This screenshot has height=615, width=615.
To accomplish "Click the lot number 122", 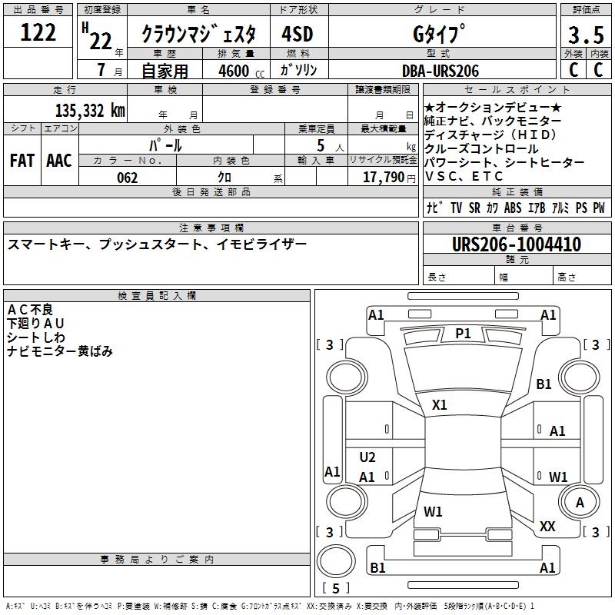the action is coord(38,32).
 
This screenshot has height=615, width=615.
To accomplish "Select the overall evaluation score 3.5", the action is coord(585,35).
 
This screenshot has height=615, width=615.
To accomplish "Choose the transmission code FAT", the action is coord(22,161).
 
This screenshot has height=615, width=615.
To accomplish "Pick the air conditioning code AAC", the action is coord(59,161).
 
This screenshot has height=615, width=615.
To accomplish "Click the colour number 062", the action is coord(128,178).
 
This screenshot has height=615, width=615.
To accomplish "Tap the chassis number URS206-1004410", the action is coord(517,245).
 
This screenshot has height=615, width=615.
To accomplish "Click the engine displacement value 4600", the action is coord(234,71).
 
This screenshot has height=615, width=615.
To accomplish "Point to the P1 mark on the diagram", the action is coord(463,333).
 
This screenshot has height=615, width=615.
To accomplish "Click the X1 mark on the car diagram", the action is coord(440,404).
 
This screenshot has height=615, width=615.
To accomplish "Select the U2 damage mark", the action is coord(367,457).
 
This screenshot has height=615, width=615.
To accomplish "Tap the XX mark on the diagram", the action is coord(547,527).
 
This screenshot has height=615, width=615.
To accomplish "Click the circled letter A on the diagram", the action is coord(580,502).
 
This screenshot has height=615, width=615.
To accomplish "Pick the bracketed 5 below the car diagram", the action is coord(335,588).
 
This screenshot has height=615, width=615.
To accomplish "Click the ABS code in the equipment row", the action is coord(513,208).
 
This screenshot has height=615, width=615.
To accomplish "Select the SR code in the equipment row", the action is coord(474,208).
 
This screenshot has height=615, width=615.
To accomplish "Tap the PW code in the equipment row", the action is coord(598,208).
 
